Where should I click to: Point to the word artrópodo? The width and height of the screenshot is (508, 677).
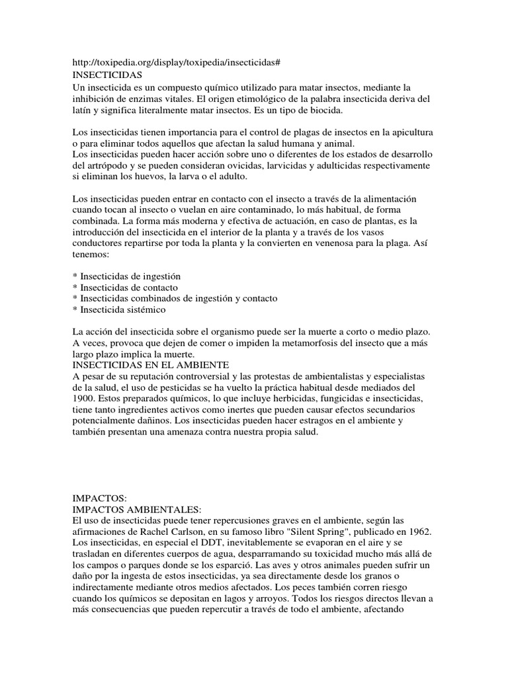105,165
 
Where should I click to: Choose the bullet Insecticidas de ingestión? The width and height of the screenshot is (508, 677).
130,275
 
